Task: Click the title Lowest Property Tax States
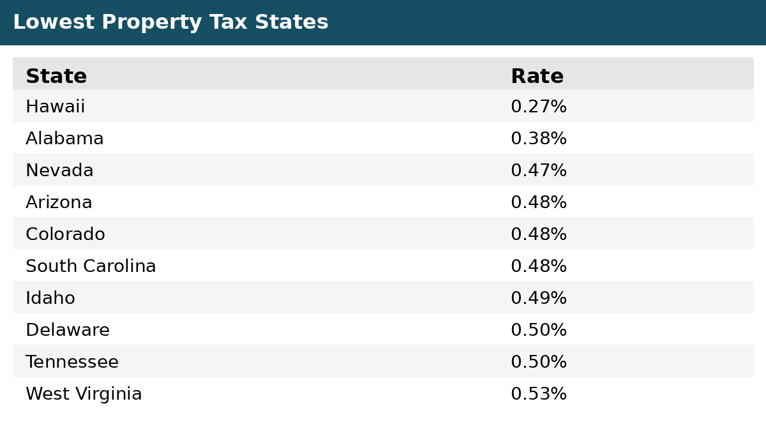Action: click(170, 22)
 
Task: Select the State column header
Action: click(56, 76)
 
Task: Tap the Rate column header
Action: click(537, 76)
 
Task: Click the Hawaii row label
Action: click(55, 106)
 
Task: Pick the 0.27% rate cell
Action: click(539, 106)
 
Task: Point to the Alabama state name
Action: click(64, 138)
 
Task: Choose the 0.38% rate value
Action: click(539, 138)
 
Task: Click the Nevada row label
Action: click(59, 170)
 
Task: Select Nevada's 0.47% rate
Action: click(539, 170)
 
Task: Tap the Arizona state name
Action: click(59, 202)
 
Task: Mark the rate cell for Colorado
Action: click(539, 234)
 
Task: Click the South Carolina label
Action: click(91, 266)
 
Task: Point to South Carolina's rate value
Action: click(539, 266)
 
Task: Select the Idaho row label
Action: click(50, 297)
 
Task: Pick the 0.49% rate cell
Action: click(539, 297)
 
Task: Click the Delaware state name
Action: click(68, 330)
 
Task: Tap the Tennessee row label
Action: click(72, 361)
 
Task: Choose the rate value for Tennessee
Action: click(539, 361)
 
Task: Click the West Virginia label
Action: click(84, 394)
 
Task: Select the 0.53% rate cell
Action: click(539, 393)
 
